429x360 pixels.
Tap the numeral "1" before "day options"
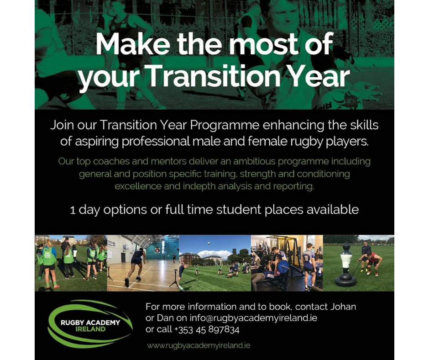click(x=73, y=210)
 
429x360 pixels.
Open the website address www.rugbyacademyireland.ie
click(x=199, y=346)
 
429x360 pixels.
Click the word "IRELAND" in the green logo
click(x=90, y=329)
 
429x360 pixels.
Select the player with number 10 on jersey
click(x=309, y=263)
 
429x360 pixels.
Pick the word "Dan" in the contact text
click(x=163, y=318)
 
